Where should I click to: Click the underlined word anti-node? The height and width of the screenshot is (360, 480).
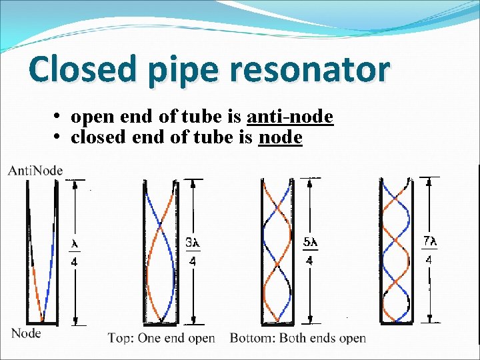pyautogui.click(x=290, y=117)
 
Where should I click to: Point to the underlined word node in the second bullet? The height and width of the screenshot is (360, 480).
pyautogui.click(x=280, y=137)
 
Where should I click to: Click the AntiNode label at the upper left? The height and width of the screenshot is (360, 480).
pyautogui.click(x=35, y=171)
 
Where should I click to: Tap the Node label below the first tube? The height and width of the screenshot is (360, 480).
pyautogui.click(x=27, y=333)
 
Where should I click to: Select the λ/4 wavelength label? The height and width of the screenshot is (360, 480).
pyautogui.click(x=74, y=253)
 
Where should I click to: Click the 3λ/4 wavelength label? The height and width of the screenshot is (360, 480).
pyautogui.click(x=193, y=252)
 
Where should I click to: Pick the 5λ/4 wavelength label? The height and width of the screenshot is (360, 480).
pyautogui.click(x=309, y=251)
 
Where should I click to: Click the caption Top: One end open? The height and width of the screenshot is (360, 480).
pyautogui.click(x=161, y=338)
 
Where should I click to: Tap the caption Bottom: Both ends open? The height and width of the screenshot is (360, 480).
pyautogui.click(x=298, y=338)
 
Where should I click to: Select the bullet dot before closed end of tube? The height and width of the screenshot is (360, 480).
pyautogui.click(x=59, y=138)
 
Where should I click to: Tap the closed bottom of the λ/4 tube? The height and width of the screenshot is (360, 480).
pyautogui.click(x=41, y=322)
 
